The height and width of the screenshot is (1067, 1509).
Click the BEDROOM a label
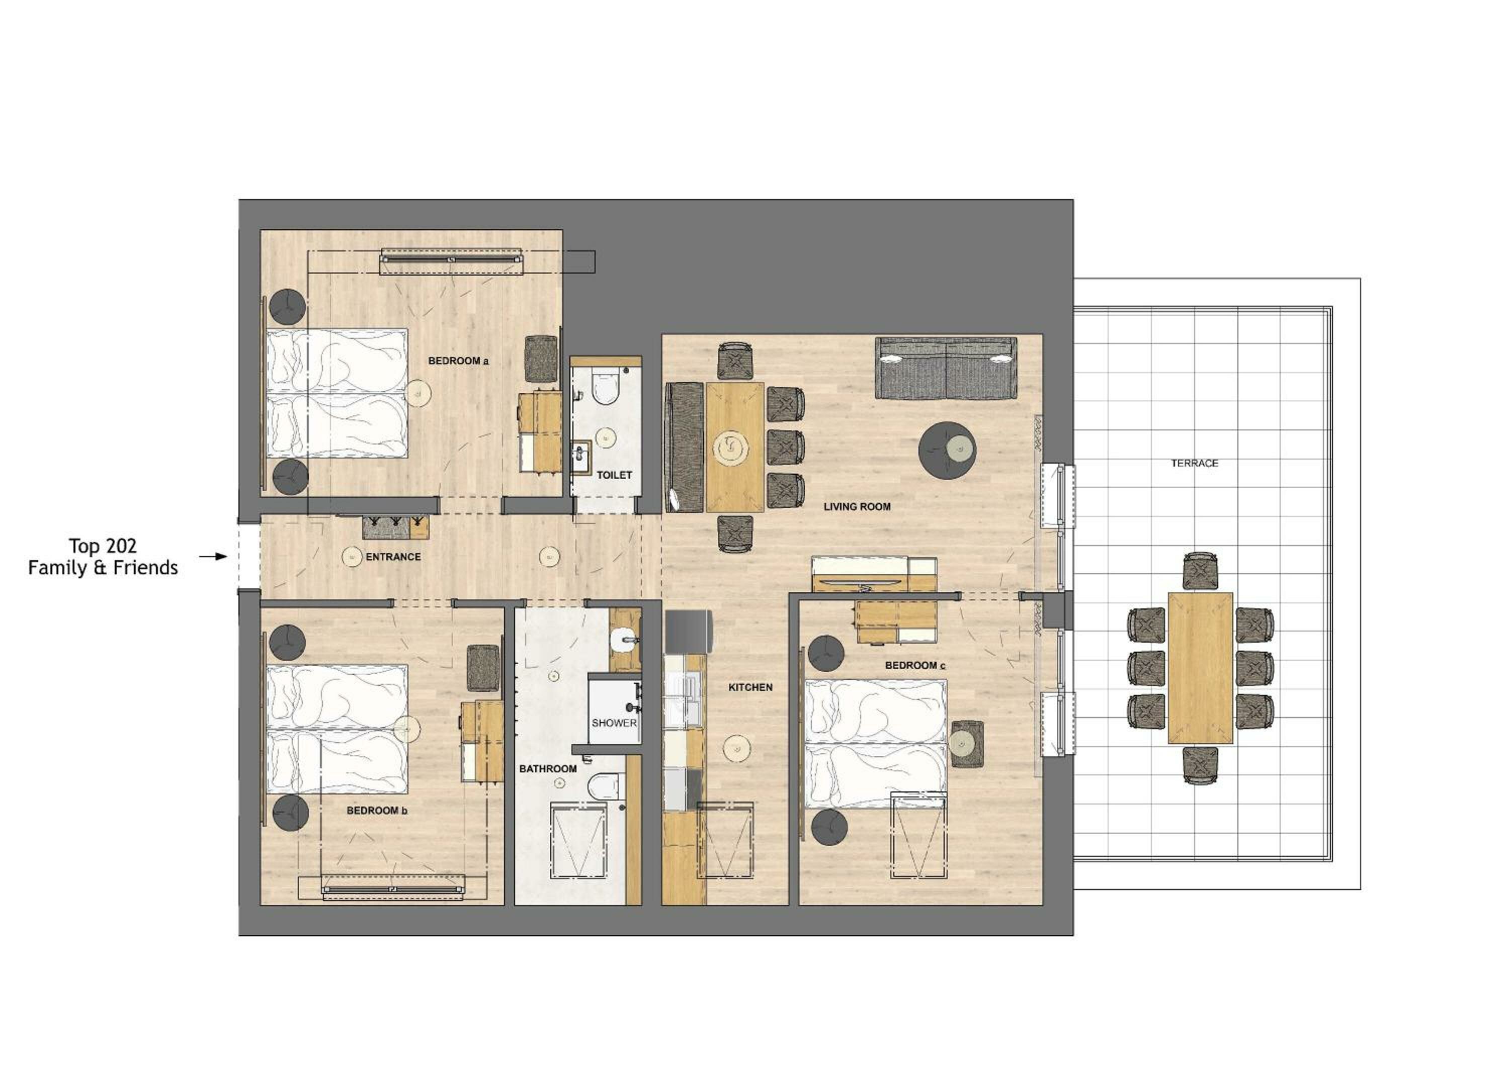pos(458,361)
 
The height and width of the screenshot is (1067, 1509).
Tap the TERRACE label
pos(1194,463)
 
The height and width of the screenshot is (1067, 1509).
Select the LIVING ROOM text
pos(857,506)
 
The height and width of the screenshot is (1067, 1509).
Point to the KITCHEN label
pos(750,687)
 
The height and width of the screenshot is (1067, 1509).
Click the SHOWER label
pos(614,723)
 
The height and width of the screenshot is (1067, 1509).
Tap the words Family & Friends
pos(103,568)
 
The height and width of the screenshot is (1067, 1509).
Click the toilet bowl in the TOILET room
pos(605,389)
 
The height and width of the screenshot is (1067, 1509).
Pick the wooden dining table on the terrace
pos(1200,668)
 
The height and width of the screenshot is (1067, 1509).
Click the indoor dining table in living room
pos(735,447)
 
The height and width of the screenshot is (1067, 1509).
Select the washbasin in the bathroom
pos(624,639)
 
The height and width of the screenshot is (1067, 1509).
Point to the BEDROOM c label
pos(915,666)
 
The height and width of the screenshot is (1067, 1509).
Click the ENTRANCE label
pos(393,557)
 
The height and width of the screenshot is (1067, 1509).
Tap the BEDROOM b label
pos(377,811)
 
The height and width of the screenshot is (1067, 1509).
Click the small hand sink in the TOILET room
pos(581,457)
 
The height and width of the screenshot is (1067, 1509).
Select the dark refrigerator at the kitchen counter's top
pos(688,631)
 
